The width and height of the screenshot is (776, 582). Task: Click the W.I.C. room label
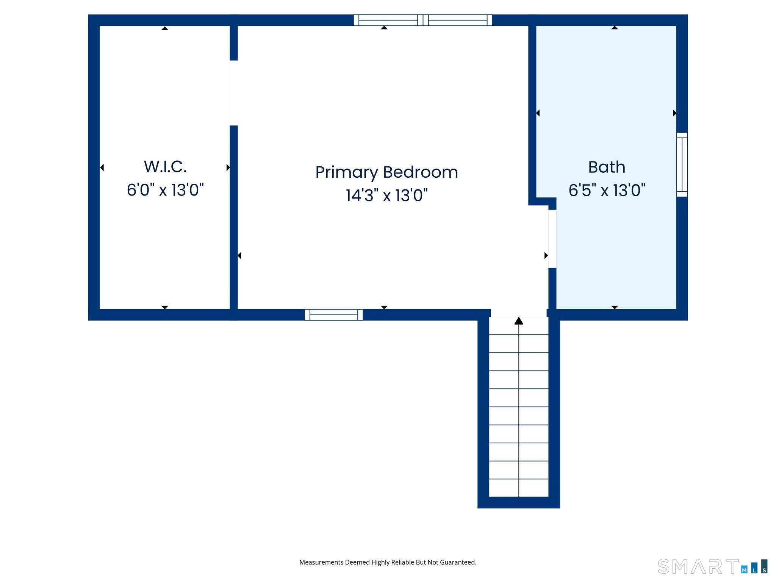pyautogui.click(x=165, y=167)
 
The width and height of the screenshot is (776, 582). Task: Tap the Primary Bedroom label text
pyautogui.click(x=386, y=172)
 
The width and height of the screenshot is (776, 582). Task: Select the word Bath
pyautogui.click(x=607, y=167)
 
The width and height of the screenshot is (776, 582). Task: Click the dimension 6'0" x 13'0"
pyautogui.click(x=165, y=190)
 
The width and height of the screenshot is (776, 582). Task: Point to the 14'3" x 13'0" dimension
pyautogui.click(x=386, y=196)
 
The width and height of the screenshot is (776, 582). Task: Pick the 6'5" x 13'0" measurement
pyautogui.click(x=607, y=190)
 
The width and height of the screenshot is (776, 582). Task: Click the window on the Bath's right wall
pyautogui.click(x=682, y=165)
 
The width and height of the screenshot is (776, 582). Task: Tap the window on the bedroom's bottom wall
pyautogui.click(x=334, y=315)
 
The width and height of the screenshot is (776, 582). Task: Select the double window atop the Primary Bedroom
pyautogui.click(x=423, y=20)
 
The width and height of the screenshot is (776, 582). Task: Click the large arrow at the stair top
pyautogui.click(x=519, y=321)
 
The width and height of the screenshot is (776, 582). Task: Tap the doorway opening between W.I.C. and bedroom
pyautogui.click(x=234, y=93)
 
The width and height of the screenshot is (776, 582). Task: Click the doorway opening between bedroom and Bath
pyautogui.click(x=552, y=239)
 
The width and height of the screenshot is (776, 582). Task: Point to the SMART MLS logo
pyautogui.click(x=713, y=566)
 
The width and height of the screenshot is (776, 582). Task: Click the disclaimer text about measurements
pyautogui.click(x=388, y=562)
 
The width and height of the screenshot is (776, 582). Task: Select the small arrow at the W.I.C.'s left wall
pyautogui.click(x=102, y=167)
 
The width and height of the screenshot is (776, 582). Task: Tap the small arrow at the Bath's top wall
pyautogui.click(x=615, y=28)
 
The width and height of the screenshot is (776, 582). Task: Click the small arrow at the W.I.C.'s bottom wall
pyautogui.click(x=164, y=307)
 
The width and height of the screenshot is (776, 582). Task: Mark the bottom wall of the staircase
pyautogui.click(x=519, y=502)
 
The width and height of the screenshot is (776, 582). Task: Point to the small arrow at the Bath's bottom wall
pyautogui.click(x=615, y=307)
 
